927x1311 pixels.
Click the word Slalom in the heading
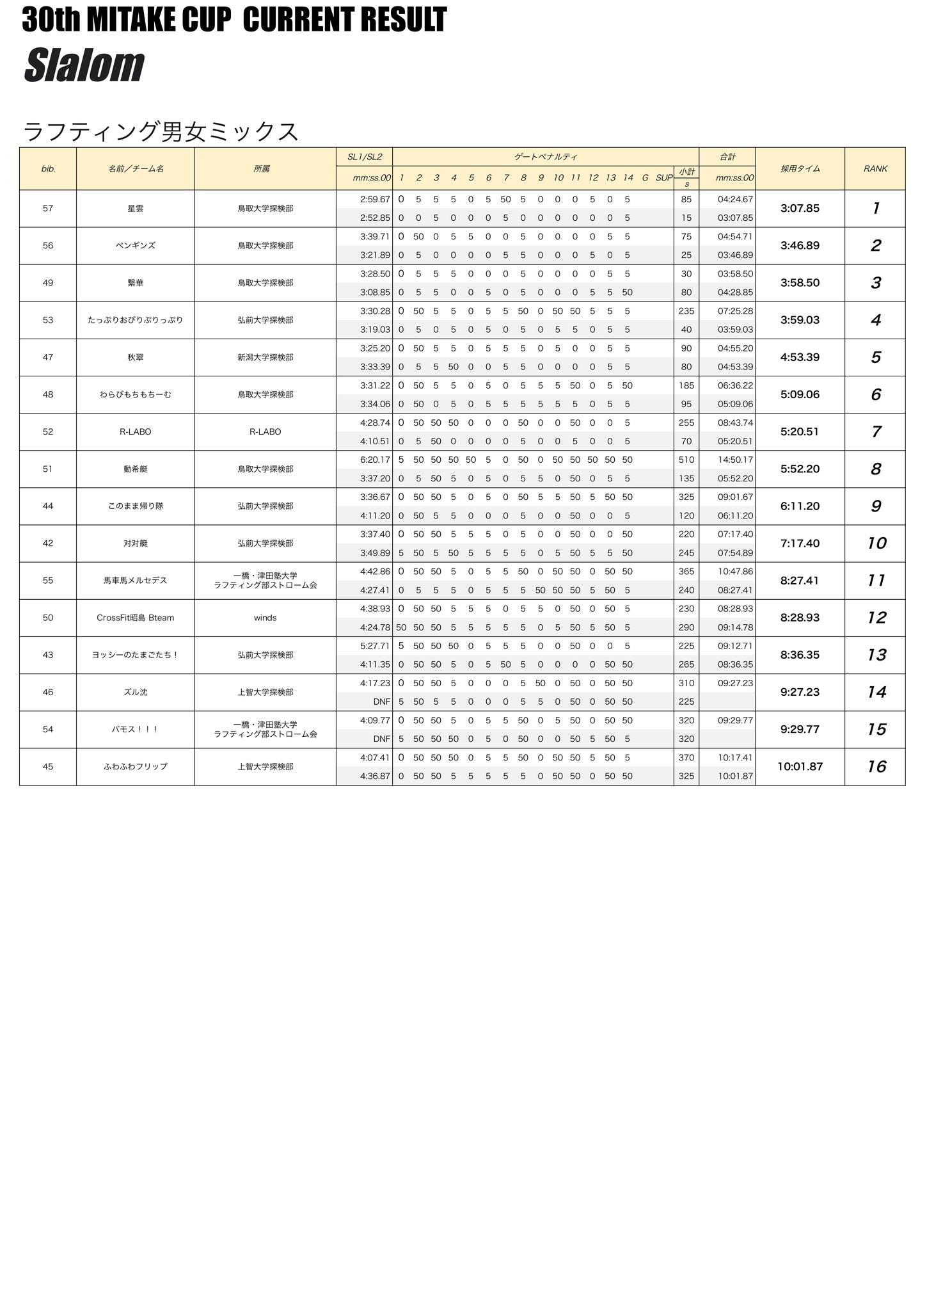pyautogui.click(x=84, y=65)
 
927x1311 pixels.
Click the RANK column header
pyautogui.click(x=875, y=169)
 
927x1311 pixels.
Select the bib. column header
pyautogui.click(x=48, y=169)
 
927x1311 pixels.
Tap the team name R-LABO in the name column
pyautogui.click(x=135, y=432)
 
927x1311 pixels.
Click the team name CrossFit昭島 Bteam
pyautogui.click(x=135, y=618)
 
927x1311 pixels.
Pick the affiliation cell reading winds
pyautogui.click(x=265, y=618)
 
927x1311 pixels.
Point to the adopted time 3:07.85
pyautogui.click(x=800, y=209)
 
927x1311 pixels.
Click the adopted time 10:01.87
pyautogui.click(x=800, y=767)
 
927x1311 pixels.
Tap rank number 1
pyautogui.click(x=875, y=209)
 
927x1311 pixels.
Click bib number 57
pyautogui.click(x=48, y=209)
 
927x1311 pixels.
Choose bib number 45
pyautogui.click(x=48, y=767)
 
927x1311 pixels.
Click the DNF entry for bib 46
pyautogui.click(x=381, y=702)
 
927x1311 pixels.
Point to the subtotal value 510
pyautogui.click(x=686, y=460)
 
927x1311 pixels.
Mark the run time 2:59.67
pyautogui.click(x=375, y=200)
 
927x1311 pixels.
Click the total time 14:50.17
pyautogui.click(x=735, y=460)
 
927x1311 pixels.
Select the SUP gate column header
pyautogui.click(x=663, y=178)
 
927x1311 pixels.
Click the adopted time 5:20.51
pyautogui.click(x=800, y=432)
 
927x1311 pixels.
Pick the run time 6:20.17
pyautogui.click(x=375, y=460)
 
